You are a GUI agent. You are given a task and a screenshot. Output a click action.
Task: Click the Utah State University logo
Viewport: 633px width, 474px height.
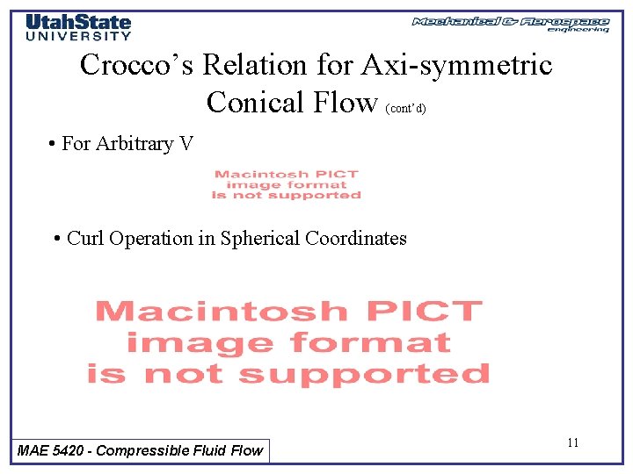78,27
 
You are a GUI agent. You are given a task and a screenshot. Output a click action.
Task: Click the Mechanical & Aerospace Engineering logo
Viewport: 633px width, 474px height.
511,24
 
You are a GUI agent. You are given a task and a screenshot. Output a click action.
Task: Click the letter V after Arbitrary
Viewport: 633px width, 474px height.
186,144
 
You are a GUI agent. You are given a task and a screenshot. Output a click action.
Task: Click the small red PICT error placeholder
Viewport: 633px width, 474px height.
287,185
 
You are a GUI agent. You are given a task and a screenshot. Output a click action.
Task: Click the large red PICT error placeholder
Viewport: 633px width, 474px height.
287,342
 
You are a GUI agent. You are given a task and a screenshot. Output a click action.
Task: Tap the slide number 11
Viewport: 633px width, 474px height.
572,443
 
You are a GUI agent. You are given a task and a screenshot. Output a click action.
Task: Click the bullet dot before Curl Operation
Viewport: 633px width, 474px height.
57,239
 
